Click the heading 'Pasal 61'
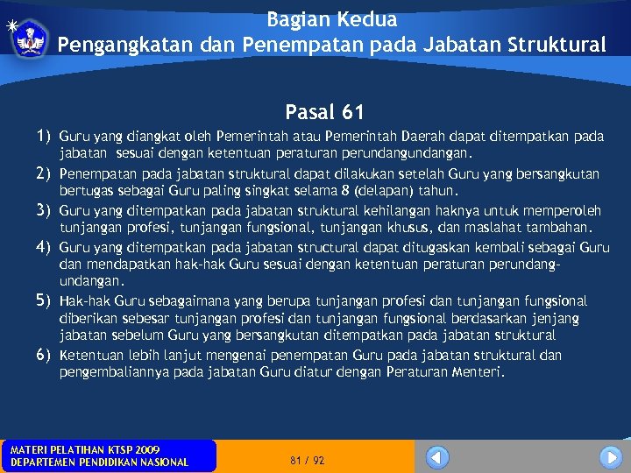click(x=324, y=112)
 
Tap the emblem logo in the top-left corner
click(x=32, y=37)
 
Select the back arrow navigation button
click(x=437, y=457)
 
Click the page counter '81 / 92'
click(x=307, y=460)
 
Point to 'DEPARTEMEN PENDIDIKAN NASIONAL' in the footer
click(x=98, y=462)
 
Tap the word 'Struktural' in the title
click(x=557, y=45)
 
